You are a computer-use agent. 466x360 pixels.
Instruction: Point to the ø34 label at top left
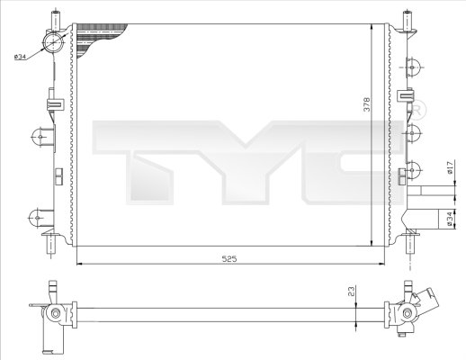(x=20, y=58)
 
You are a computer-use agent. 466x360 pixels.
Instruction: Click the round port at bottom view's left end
(x=55, y=315)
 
